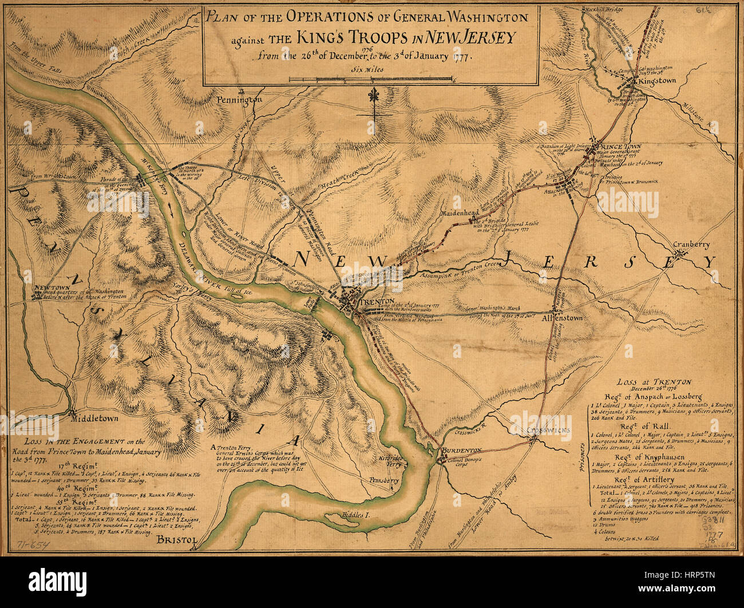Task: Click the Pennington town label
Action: click(x=239, y=100)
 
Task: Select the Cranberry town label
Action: click(x=691, y=244)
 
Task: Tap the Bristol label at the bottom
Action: click(x=176, y=540)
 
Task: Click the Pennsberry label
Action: click(x=383, y=480)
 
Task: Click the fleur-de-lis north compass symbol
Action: click(x=374, y=101)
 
